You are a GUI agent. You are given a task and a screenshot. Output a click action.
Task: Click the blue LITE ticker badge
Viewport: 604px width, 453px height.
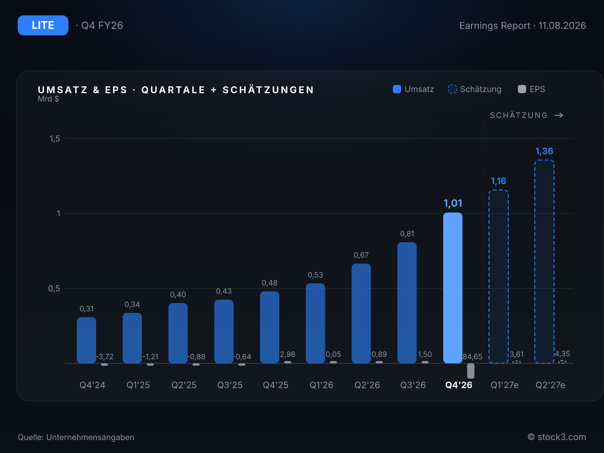pyautogui.click(x=43, y=25)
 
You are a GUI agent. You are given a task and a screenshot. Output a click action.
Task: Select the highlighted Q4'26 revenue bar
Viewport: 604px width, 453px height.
pyautogui.click(x=453, y=288)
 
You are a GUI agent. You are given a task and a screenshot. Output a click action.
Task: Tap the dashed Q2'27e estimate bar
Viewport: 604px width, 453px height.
pyautogui.click(x=544, y=262)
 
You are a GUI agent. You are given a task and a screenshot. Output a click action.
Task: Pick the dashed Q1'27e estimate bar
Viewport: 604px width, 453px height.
pyautogui.click(x=499, y=276)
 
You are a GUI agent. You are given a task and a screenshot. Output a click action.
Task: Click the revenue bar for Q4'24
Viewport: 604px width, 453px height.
pyautogui.click(x=86, y=340)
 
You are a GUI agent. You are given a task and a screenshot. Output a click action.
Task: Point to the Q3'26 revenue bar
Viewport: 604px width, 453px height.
pyautogui.click(x=407, y=302)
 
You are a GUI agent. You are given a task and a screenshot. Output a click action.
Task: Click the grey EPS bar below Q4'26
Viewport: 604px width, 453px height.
pyautogui.click(x=471, y=371)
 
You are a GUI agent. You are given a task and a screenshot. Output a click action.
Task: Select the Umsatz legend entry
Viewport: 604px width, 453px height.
pyautogui.click(x=413, y=89)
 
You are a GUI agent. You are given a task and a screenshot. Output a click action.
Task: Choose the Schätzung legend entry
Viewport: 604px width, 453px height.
pyautogui.click(x=475, y=89)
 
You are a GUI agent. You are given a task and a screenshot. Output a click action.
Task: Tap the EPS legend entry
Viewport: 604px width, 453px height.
pyautogui.click(x=532, y=89)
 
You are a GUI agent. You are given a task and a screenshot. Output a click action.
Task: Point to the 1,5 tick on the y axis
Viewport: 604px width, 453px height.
pyautogui.click(x=54, y=139)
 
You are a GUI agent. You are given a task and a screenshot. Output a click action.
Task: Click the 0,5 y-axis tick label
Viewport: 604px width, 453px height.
pyautogui.click(x=54, y=288)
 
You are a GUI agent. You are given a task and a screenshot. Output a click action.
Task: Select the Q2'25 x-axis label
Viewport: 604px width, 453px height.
pyautogui.click(x=184, y=385)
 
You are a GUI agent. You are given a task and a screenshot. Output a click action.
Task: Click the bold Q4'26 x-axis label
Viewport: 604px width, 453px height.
pyautogui.click(x=459, y=385)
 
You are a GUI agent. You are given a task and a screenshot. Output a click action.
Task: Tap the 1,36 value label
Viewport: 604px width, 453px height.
pyautogui.click(x=544, y=151)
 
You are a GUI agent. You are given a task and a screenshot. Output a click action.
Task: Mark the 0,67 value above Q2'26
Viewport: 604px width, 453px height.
pyautogui.click(x=361, y=255)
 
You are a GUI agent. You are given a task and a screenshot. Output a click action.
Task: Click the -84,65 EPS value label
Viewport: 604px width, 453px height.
pyautogui.click(x=471, y=357)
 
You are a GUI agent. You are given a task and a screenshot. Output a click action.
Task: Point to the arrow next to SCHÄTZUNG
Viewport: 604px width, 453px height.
pyautogui.click(x=559, y=115)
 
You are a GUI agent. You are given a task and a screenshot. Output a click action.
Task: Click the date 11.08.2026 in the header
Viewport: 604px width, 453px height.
pyautogui.click(x=562, y=26)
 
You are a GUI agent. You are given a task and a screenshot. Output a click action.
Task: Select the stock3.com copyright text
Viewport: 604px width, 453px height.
pyautogui.click(x=557, y=437)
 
